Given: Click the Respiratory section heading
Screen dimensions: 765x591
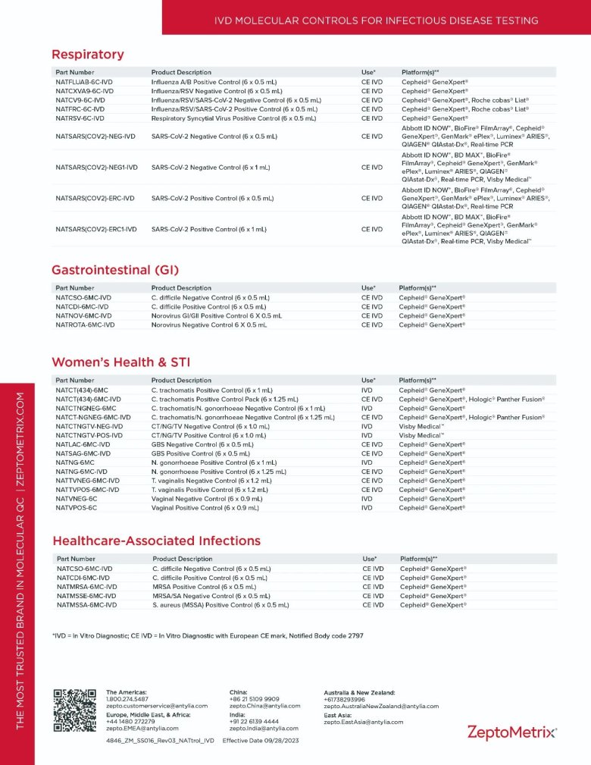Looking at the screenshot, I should click(x=87, y=55).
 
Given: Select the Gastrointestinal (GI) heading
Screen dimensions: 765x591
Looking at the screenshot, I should click(x=115, y=270).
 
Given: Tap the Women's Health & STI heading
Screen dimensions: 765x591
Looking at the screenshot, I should click(x=122, y=362).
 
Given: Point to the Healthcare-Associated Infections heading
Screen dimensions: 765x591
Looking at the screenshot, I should click(x=156, y=541).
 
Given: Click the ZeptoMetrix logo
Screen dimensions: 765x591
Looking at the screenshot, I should click(x=511, y=732).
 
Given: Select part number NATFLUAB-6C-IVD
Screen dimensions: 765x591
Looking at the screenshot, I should click(x=84, y=82).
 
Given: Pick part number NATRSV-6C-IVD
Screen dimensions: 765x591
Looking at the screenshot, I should click(x=80, y=118).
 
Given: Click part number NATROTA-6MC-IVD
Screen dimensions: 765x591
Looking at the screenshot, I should click(x=85, y=324).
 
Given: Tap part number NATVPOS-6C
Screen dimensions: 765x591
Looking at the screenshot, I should click(x=76, y=508).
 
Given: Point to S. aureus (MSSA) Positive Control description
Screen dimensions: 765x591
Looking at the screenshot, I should click(x=220, y=605).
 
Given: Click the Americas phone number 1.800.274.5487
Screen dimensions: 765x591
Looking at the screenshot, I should click(x=127, y=699).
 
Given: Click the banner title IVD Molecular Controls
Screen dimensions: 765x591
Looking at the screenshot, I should click(x=376, y=20).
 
